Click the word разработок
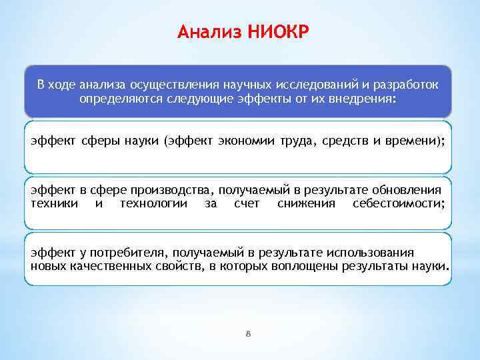[x=405, y=85]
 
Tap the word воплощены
[x=305, y=266]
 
